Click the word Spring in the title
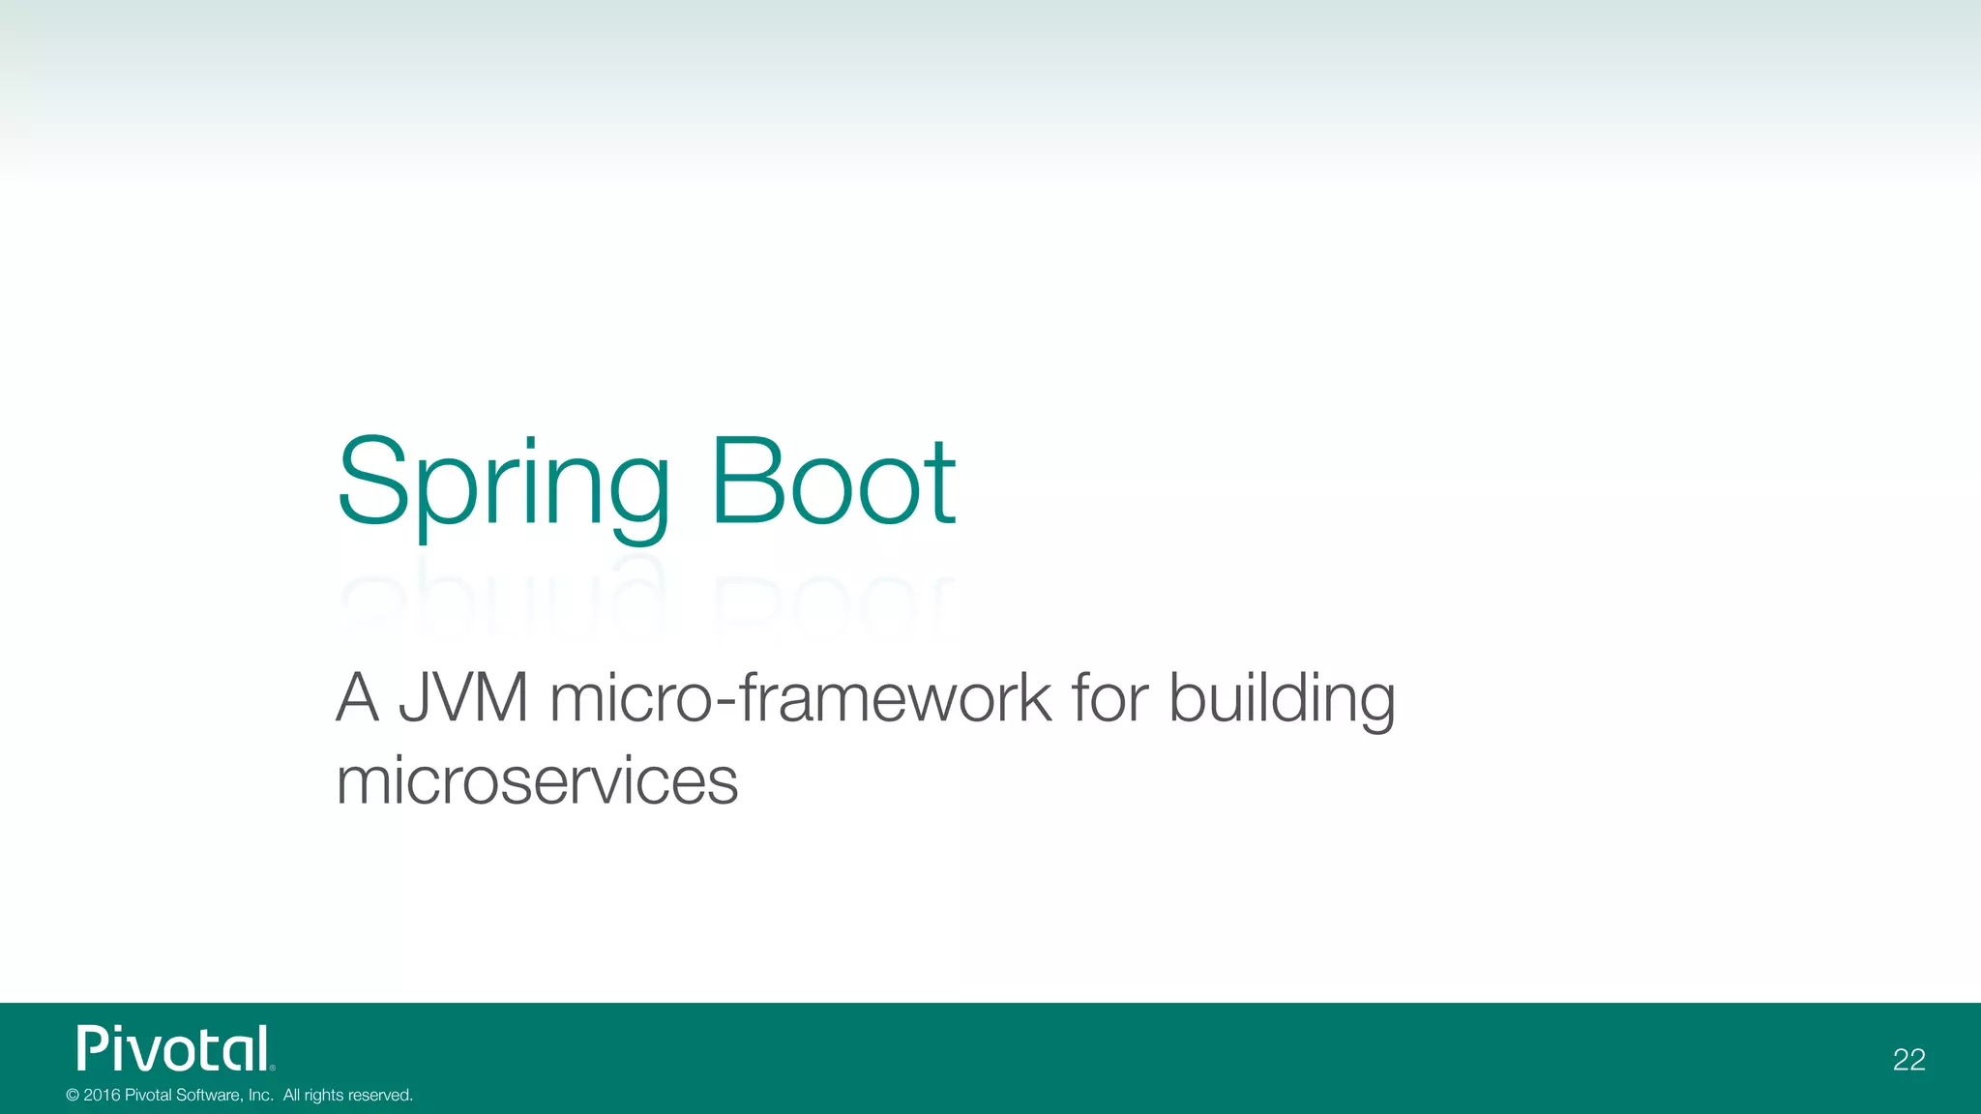click(x=503, y=484)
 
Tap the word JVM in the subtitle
click(x=464, y=697)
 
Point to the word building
click(x=1282, y=699)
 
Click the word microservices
click(x=537, y=780)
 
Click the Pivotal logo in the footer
click(x=175, y=1048)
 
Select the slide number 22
click(x=1908, y=1060)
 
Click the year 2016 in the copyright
click(x=102, y=1096)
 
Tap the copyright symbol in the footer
click(x=73, y=1096)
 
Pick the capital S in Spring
click(x=371, y=482)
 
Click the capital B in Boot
click(x=746, y=482)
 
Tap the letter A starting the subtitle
click(x=356, y=697)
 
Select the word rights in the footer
click(x=323, y=1096)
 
